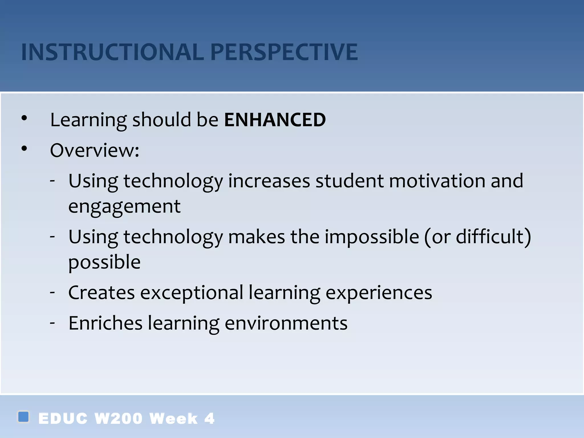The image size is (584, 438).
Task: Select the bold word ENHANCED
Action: coord(275,120)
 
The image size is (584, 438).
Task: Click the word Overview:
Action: coord(95,150)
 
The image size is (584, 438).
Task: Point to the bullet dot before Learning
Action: coord(24,118)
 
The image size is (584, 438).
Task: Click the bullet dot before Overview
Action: coord(24,149)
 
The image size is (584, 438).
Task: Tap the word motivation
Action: coord(437,181)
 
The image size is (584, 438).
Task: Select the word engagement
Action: coord(124,206)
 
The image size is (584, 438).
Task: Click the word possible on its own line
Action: coord(104,262)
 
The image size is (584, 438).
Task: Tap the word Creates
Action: coord(102,293)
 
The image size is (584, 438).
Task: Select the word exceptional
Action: coord(192,293)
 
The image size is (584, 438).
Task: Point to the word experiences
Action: coord(379,293)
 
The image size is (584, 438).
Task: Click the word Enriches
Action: coord(106,323)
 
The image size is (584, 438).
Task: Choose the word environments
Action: coord(286,323)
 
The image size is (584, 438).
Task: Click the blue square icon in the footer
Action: coord(23,417)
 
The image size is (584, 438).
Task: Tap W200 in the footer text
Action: coord(118,419)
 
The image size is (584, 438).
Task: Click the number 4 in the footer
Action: coord(209,419)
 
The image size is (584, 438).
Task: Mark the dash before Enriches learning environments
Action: coord(52,323)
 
